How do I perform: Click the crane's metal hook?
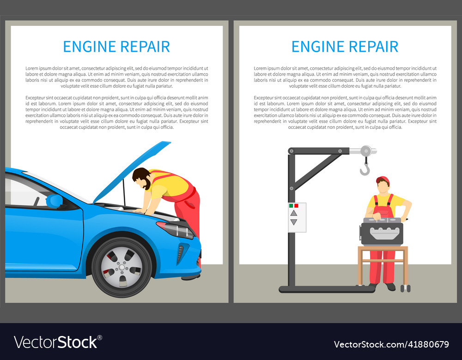click(365, 170)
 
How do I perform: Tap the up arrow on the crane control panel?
click(294, 213)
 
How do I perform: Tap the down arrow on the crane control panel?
click(294, 222)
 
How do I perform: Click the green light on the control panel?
click(291, 205)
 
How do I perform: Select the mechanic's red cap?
click(383, 180)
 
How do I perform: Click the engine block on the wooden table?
click(382, 232)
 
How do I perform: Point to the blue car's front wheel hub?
click(122, 267)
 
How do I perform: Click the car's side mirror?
click(55, 201)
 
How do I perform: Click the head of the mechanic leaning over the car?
click(141, 177)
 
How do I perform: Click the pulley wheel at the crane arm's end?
click(366, 150)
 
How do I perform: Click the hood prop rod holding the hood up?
click(124, 192)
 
